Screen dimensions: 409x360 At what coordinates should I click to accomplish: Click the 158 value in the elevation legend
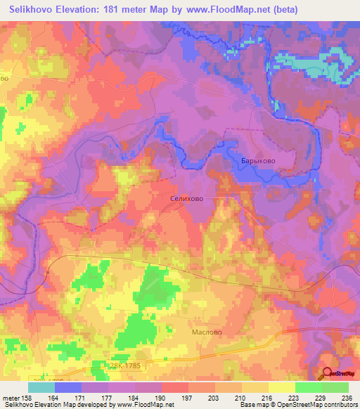click(35, 397)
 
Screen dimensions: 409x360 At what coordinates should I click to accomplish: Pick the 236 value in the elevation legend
click(345, 397)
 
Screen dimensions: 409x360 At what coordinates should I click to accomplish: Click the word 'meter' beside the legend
click(13, 397)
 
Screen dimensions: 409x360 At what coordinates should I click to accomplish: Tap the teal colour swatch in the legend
click(41, 387)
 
